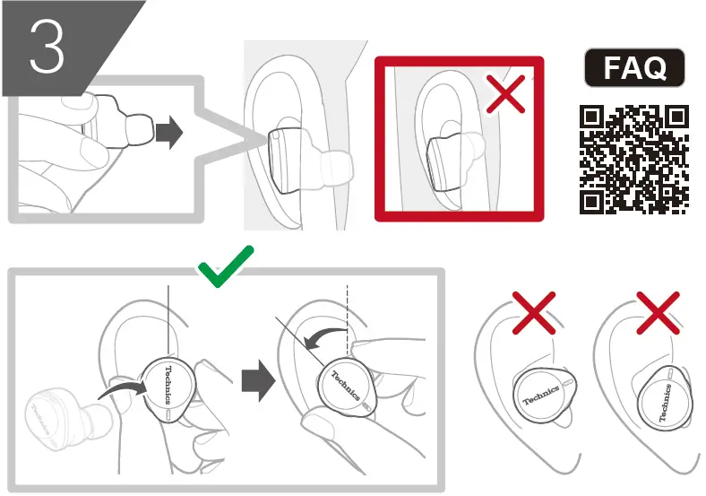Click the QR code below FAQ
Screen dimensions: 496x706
point(633,160)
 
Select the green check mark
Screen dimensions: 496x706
point(226,266)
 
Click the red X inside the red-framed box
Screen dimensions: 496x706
point(505,94)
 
